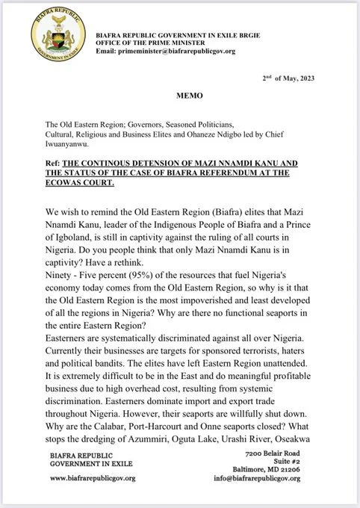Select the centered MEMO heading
(180, 97)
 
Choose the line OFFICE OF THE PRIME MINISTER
(153, 43)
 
